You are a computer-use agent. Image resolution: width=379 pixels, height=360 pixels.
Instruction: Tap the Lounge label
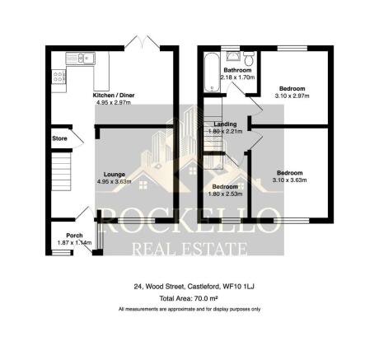[114, 174]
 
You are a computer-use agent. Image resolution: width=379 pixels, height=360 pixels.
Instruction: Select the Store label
[58, 139]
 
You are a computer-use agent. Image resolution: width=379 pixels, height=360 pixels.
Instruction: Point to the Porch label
[73, 236]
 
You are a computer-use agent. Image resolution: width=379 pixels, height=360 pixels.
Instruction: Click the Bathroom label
[238, 71]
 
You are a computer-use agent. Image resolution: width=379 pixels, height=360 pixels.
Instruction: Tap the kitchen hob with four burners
[58, 78]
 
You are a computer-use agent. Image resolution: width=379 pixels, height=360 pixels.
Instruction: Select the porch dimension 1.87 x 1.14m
[73, 243]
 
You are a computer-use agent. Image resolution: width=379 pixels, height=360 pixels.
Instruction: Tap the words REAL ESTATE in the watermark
[190, 248]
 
